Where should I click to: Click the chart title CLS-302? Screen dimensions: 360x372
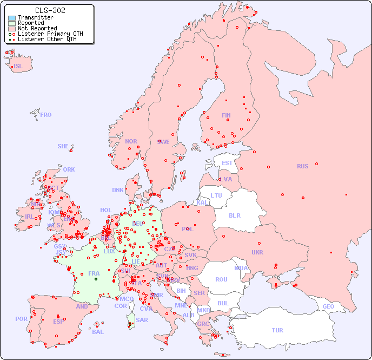coord(50,10)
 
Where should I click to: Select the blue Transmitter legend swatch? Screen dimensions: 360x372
coord(12,18)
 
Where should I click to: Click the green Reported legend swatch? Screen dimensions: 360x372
coord(12,23)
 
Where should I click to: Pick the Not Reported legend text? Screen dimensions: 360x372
coord(37,29)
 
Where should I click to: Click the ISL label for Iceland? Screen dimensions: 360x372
coord(18,67)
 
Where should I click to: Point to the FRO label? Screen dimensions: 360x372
coord(46,115)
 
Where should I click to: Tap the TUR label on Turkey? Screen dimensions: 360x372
coord(277,330)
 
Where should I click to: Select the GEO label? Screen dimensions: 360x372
coord(328,306)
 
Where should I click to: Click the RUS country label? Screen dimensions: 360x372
coord(302,166)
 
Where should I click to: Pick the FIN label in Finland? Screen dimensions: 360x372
coord(226,115)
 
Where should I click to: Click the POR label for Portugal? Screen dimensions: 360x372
coord(21,319)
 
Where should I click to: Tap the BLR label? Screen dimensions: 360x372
coord(234,215)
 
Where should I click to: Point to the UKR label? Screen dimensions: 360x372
coord(257,252)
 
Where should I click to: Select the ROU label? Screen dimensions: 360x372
coord(221,279)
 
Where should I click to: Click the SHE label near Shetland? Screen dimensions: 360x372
coord(63,146)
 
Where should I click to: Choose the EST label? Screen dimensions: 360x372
coord(227,163)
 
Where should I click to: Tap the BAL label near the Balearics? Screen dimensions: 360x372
coord(98,332)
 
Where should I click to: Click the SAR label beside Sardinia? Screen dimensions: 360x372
coord(142,320)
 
